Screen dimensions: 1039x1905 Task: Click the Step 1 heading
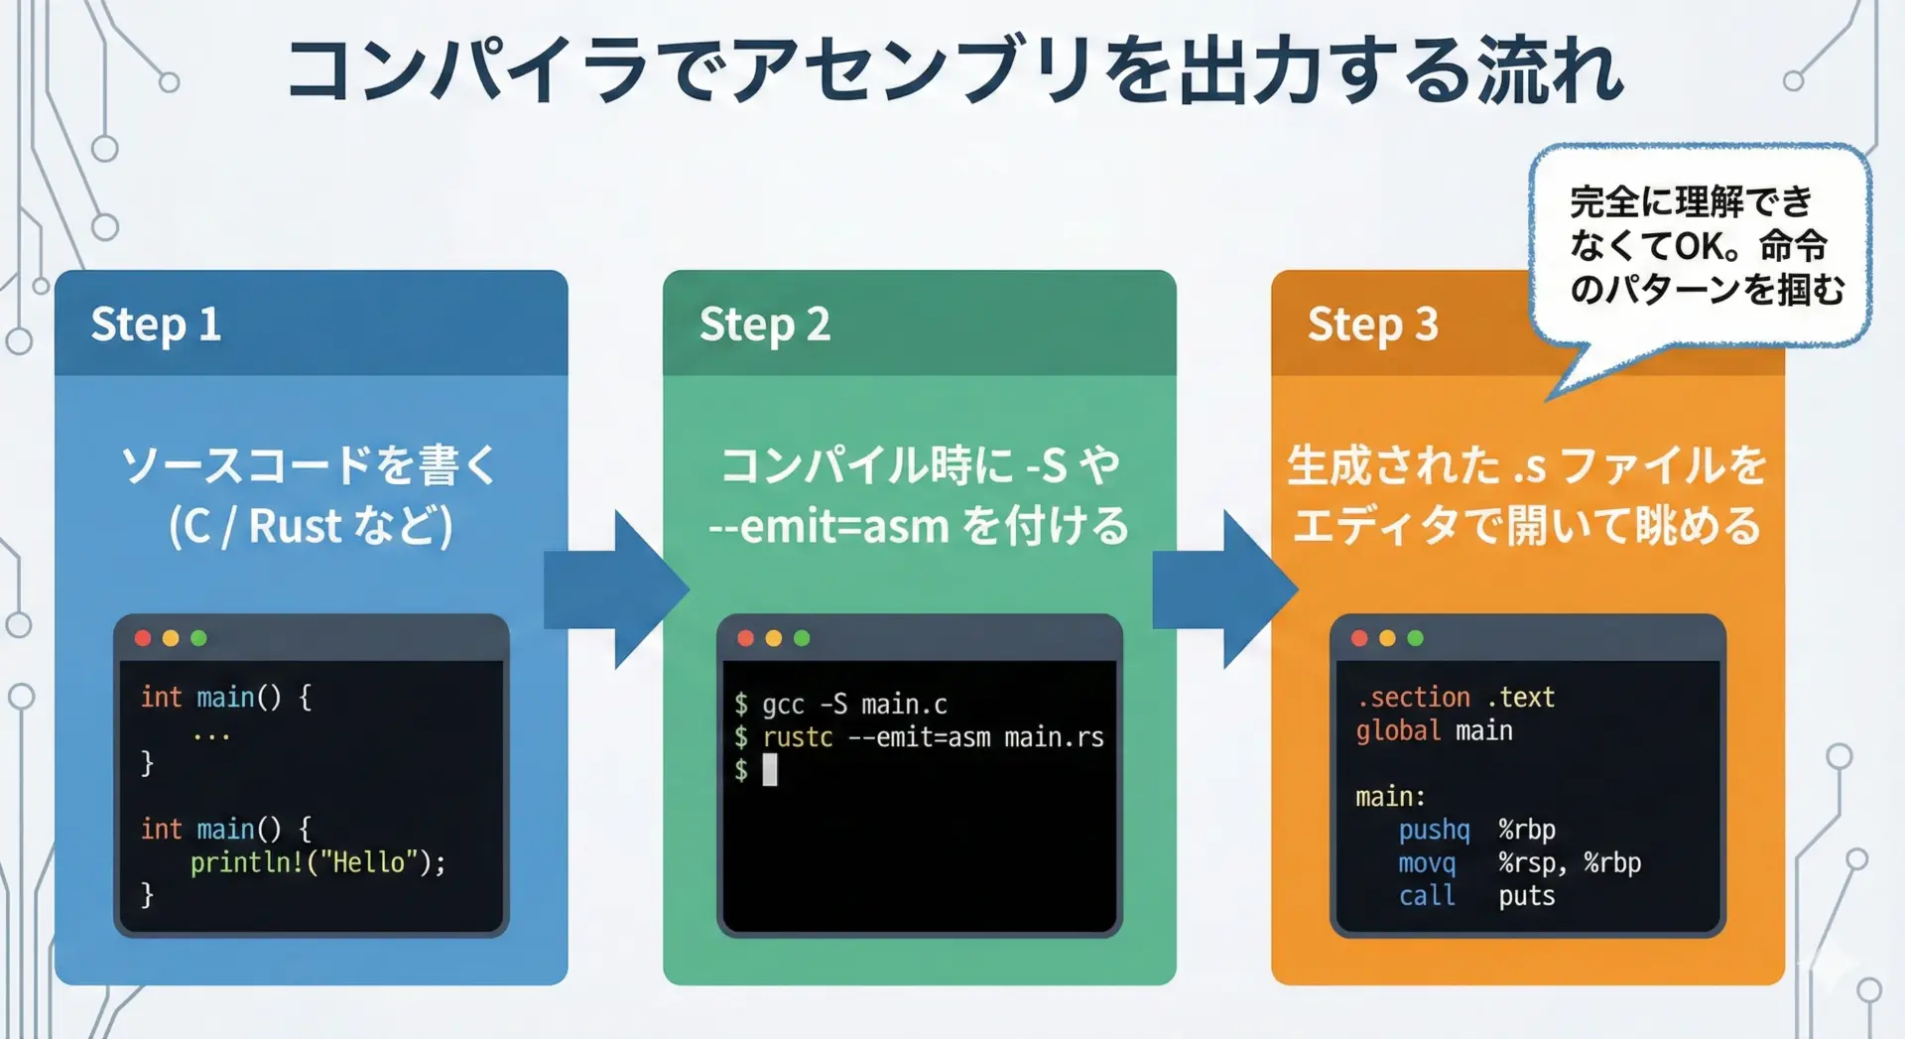coord(156,325)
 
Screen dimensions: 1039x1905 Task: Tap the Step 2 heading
coord(764,325)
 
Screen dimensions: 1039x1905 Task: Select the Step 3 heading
coord(1372,325)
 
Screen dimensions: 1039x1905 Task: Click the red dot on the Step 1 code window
coord(143,638)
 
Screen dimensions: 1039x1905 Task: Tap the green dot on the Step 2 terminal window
coord(802,638)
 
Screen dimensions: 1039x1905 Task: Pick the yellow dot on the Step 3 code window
coord(1387,638)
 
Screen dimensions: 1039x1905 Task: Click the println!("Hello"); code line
coord(317,862)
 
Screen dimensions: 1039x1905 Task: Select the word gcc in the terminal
coord(783,705)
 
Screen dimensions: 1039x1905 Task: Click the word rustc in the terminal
coord(798,737)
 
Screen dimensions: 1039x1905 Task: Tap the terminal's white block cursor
coord(770,770)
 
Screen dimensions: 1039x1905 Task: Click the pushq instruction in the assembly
coord(1434,830)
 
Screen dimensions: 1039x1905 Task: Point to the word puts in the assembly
coord(1526,896)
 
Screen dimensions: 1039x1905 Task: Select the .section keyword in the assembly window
coord(1414,698)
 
